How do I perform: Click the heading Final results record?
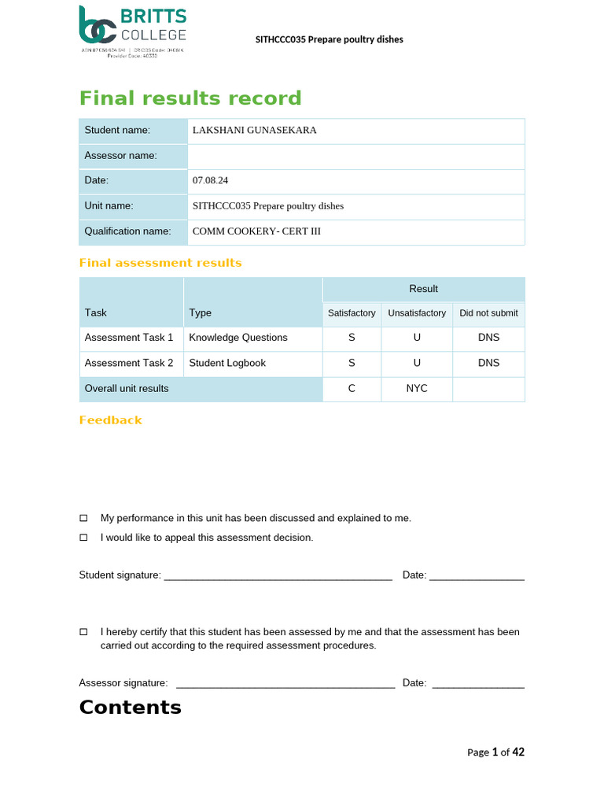(190, 98)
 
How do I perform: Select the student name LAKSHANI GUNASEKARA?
(255, 131)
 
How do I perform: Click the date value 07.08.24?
(210, 181)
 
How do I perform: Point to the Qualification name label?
(127, 231)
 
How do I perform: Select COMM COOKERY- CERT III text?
(256, 231)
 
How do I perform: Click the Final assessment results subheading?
(160, 263)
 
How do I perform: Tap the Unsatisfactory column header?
(417, 313)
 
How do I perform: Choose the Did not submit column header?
(488, 313)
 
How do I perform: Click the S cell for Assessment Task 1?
(352, 338)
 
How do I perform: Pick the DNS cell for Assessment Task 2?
(488, 363)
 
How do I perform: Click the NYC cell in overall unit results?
(417, 389)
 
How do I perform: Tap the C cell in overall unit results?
(352, 389)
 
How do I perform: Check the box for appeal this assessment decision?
(84, 538)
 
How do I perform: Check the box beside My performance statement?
(84, 518)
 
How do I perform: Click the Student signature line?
(278, 576)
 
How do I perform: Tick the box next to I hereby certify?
(84, 632)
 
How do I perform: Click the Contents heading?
(131, 707)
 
